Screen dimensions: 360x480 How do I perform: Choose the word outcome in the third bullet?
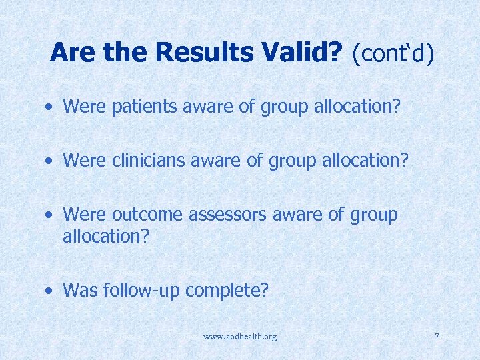click(x=147, y=215)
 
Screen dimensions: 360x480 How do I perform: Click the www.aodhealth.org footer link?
click(x=240, y=337)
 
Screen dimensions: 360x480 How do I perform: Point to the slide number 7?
click(x=437, y=337)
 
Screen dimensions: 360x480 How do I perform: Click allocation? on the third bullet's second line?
click(x=100, y=236)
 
